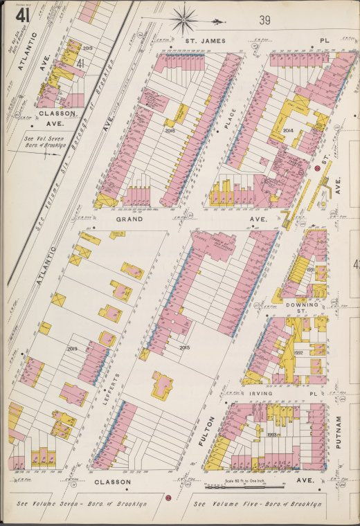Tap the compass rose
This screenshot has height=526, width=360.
click(x=185, y=19)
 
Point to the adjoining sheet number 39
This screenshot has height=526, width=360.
click(x=264, y=20)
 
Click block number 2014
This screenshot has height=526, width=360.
click(x=288, y=129)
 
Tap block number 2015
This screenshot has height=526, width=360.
click(x=184, y=347)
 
